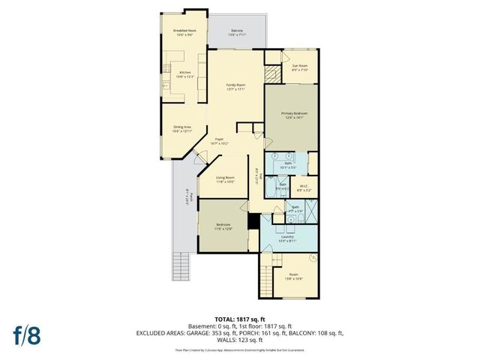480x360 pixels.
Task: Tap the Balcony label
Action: point(236,32)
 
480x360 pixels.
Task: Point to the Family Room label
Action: point(237,87)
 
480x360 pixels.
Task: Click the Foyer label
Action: point(220,140)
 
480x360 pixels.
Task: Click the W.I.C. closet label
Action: point(304,187)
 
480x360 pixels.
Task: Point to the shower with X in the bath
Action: point(310,212)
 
